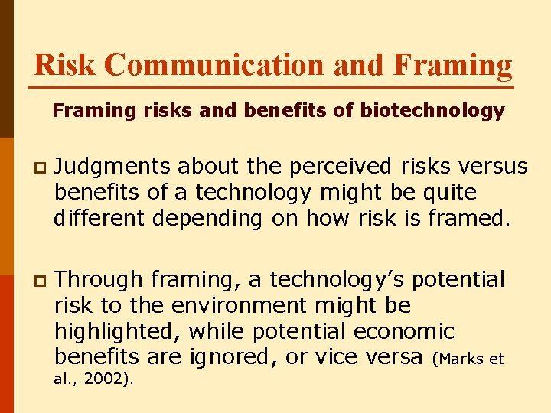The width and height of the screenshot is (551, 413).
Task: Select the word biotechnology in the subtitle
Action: (433, 111)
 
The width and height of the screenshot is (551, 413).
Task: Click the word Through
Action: (99, 279)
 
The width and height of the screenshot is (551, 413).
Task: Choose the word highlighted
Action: (117, 332)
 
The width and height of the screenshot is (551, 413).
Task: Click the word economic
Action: (404, 332)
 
